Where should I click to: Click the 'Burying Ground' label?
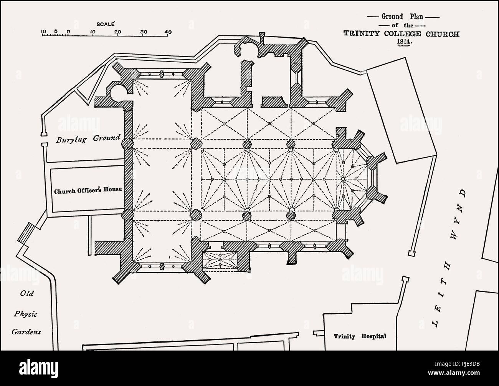(88, 139)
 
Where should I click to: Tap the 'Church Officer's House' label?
(88, 190)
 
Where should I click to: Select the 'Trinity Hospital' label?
(360, 336)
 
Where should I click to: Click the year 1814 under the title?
(404, 42)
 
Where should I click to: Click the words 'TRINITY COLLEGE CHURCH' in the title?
(402, 34)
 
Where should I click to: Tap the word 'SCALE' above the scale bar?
(106, 24)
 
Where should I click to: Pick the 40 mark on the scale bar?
(169, 32)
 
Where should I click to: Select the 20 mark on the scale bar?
(118, 32)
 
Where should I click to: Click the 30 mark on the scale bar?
(144, 32)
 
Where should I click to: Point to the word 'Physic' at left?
(25, 314)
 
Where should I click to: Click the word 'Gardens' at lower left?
(26, 332)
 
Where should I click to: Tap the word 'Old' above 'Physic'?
(26, 293)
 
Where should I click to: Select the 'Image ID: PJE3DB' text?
(457, 364)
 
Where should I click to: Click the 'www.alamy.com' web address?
(454, 373)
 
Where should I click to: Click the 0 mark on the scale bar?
(68, 32)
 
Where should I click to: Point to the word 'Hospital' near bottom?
(374, 336)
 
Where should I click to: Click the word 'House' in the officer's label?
(112, 189)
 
